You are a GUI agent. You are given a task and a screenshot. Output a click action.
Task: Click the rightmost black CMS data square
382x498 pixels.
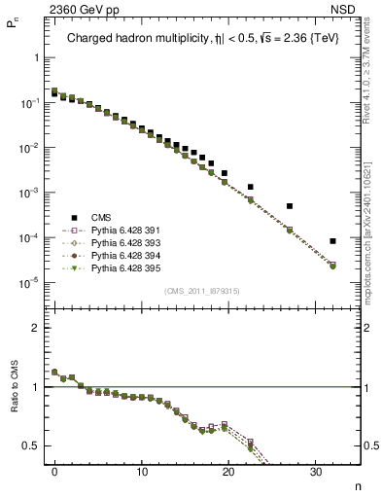[x=333, y=241]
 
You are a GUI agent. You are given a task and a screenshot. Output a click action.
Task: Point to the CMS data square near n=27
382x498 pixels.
[x=290, y=206]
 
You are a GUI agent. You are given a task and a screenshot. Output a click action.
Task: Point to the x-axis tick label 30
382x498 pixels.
[x=316, y=473]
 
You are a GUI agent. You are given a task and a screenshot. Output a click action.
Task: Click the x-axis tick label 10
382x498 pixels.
[x=142, y=473]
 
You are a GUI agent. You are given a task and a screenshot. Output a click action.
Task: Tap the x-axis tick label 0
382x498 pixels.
[x=54, y=473]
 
